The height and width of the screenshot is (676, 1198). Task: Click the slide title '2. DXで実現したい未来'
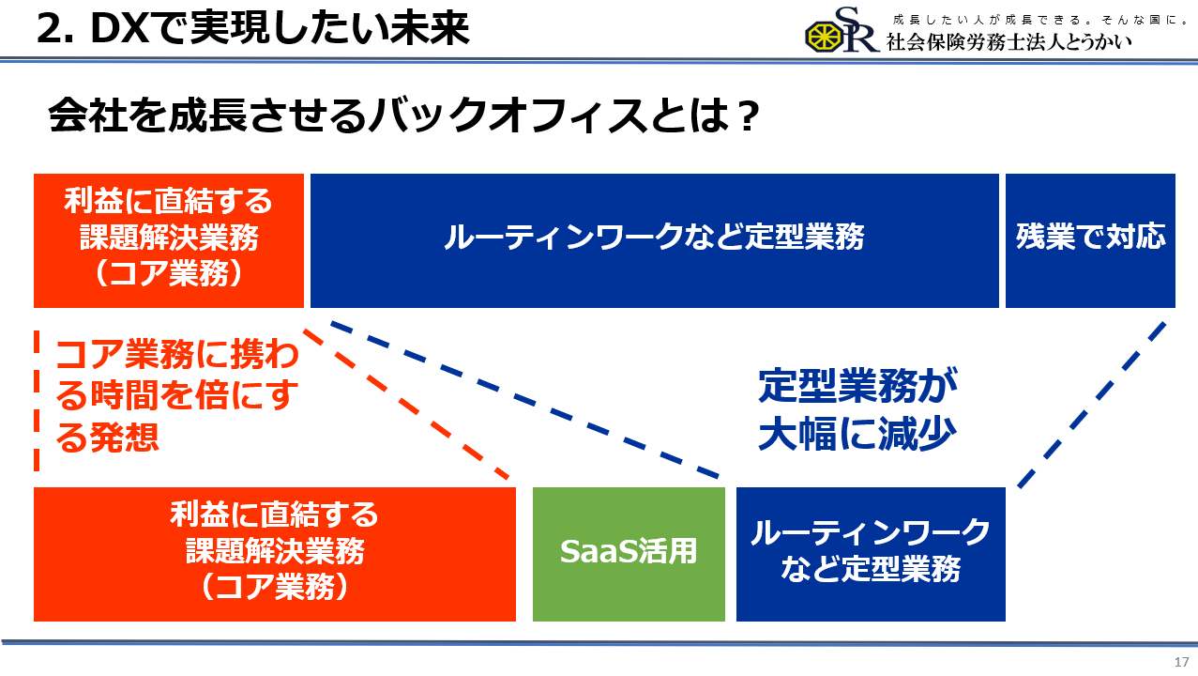(253, 28)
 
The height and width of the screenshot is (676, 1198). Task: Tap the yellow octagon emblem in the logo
(824, 37)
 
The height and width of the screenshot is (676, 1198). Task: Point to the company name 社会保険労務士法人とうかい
(1008, 42)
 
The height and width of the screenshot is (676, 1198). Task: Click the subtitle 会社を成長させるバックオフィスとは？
(403, 115)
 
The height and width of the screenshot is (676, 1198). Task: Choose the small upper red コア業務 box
(169, 240)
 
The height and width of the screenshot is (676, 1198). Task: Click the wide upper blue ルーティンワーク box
(655, 240)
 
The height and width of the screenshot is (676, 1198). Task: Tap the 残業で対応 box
(1090, 240)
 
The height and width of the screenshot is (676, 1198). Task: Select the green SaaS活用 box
(629, 554)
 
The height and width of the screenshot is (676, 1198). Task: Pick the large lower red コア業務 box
(275, 554)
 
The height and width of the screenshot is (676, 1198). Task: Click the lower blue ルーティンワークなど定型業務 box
(871, 554)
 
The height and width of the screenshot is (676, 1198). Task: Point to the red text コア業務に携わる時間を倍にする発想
(177, 395)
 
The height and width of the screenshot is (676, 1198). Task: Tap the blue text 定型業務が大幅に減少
(857, 409)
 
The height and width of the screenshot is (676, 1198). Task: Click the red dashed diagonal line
(406, 404)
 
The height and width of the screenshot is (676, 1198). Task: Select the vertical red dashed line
(37, 401)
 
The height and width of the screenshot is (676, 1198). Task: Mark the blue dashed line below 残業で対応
(1092, 404)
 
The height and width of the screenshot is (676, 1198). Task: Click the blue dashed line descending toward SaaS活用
(525, 399)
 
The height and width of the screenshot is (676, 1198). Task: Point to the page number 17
(1181, 662)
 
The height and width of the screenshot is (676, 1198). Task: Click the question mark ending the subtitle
(748, 115)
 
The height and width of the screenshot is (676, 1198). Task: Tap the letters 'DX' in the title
(119, 28)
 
